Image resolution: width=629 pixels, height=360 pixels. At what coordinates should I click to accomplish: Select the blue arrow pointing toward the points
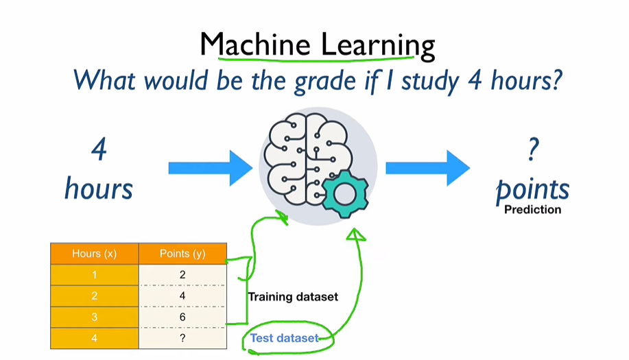click(x=427, y=168)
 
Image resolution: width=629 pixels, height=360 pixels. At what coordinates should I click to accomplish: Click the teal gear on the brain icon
click(x=344, y=194)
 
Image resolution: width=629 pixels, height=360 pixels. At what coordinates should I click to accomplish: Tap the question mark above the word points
click(x=533, y=152)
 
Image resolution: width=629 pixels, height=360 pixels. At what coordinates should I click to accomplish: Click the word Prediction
click(x=532, y=210)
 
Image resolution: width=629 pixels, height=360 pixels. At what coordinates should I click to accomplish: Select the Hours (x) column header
click(x=94, y=254)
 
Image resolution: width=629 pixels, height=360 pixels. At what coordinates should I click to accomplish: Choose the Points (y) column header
click(x=182, y=254)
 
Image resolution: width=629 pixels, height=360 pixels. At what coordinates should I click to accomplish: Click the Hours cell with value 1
click(x=94, y=275)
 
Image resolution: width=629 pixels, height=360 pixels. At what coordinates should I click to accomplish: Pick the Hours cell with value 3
click(x=94, y=317)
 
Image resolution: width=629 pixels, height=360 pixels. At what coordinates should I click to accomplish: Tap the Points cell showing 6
click(x=182, y=317)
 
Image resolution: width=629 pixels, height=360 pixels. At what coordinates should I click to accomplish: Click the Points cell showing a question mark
click(x=182, y=338)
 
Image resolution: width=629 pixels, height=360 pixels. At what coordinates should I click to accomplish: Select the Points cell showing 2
click(x=182, y=275)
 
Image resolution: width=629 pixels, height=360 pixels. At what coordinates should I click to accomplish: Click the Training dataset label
click(x=293, y=297)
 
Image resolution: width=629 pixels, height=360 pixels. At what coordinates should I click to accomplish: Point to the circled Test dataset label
click(x=284, y=338)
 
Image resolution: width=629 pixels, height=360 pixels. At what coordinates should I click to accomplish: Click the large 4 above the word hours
click(x=99, y=149)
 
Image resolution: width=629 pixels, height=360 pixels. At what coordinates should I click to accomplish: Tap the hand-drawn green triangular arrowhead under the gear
click(x=356, y=235)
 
